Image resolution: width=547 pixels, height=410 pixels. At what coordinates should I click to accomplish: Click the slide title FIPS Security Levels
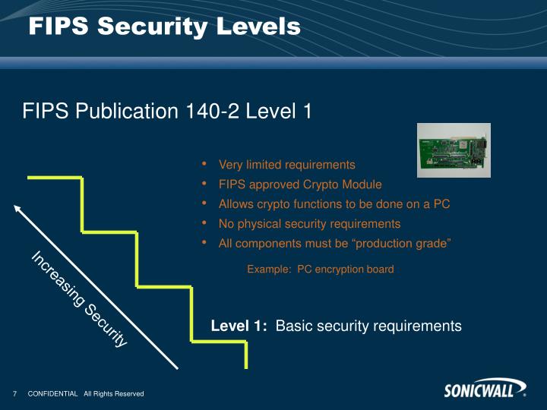[x=165, y=27]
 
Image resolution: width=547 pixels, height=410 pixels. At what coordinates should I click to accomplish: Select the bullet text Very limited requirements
[x=286, y=165]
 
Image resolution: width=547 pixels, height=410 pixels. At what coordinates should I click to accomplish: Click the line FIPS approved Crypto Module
[x=300, y=184]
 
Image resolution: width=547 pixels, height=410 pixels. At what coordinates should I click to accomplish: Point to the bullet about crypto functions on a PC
[x=334, y=204]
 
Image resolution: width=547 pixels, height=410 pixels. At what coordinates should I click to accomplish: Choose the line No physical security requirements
[x=309, y=224]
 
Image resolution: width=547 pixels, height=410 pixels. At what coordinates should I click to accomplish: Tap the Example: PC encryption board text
[x=320, y=269]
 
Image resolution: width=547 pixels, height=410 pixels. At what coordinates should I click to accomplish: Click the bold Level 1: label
[x=239, y=326]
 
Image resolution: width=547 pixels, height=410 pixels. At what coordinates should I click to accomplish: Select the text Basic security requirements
[x=368, y=326]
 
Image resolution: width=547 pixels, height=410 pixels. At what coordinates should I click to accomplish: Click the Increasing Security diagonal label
[x=79, y=299]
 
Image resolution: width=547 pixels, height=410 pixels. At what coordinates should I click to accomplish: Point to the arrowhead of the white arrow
[x=17, y=207]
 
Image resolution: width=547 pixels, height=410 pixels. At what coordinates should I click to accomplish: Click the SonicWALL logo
[x=485, y=390]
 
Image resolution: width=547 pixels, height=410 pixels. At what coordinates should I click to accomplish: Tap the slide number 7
[x=14, y=393]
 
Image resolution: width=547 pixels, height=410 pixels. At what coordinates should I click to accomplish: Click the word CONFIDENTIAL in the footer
[x=52, y=393]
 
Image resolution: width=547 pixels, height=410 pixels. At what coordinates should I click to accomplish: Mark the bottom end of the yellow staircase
[x=246, y=365]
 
